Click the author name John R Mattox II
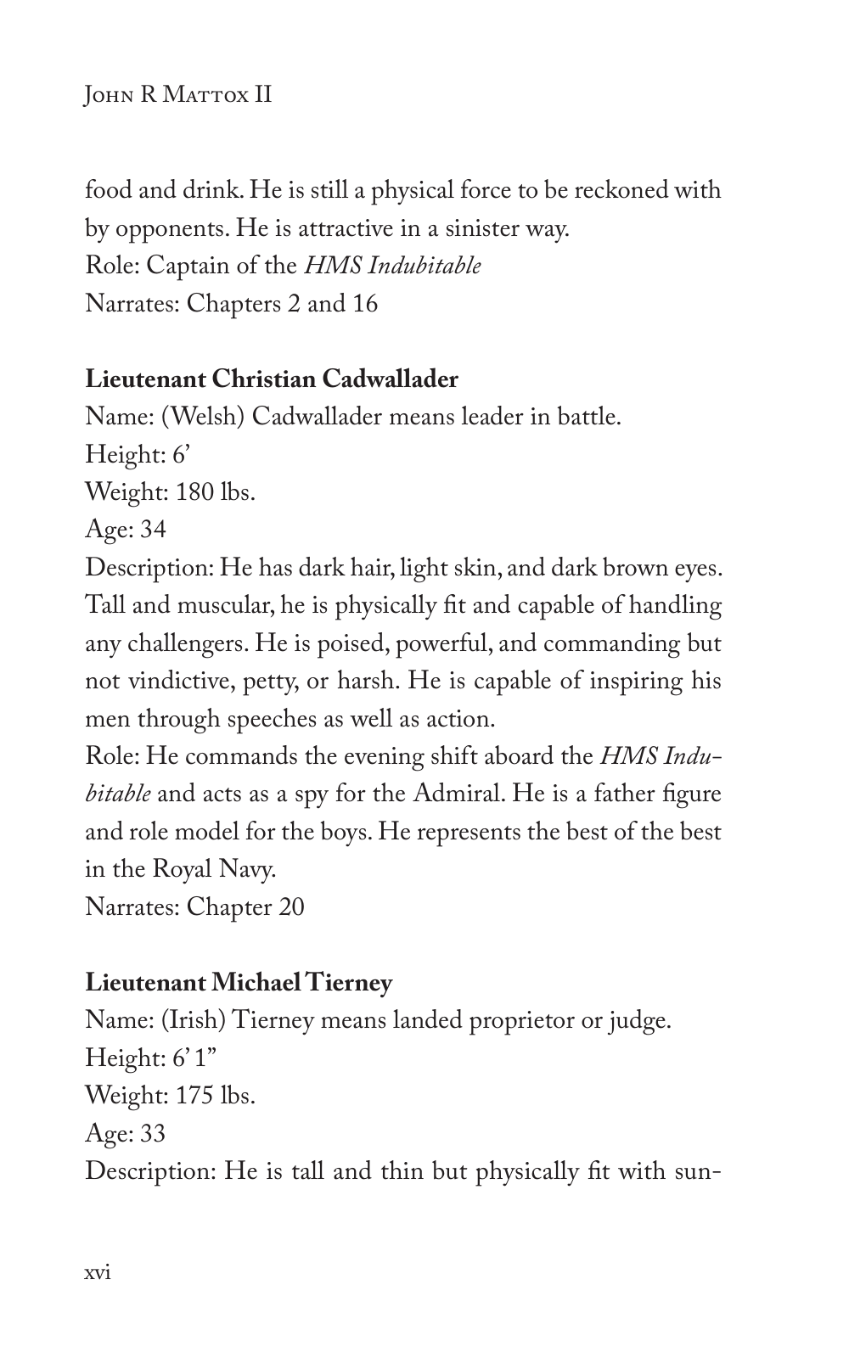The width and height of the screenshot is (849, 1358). (178, 93)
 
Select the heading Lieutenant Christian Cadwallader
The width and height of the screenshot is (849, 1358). (272, 379)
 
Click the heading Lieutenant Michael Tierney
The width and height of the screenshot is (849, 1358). (239, 983)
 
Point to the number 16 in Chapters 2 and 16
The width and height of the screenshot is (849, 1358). (364, 304)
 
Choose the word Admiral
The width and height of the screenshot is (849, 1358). (458, 794)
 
